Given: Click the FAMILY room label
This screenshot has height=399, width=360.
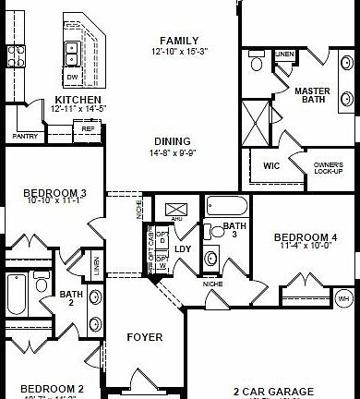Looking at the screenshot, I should (179, 42).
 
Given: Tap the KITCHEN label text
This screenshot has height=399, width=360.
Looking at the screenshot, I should (78, 100).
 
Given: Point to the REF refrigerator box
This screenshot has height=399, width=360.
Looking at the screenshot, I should (88, 129).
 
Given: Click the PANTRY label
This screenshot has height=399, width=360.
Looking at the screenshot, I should (25, 136).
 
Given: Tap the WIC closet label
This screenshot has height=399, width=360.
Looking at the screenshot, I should (270, 166).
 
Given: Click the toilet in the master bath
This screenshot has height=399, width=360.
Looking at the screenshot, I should (256, 65).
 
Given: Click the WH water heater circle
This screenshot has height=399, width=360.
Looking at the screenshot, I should (343, 298).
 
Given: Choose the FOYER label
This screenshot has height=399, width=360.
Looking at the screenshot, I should (144, 337).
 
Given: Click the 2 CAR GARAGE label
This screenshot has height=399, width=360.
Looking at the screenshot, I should (273, 391).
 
